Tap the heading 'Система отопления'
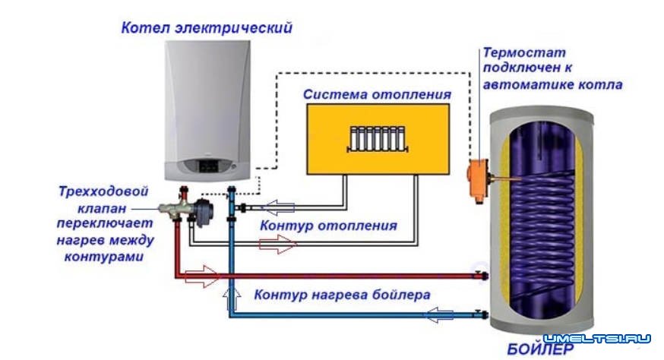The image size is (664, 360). (377, 95)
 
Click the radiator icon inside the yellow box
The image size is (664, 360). (377, 140)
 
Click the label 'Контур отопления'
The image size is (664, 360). (328, 226)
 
